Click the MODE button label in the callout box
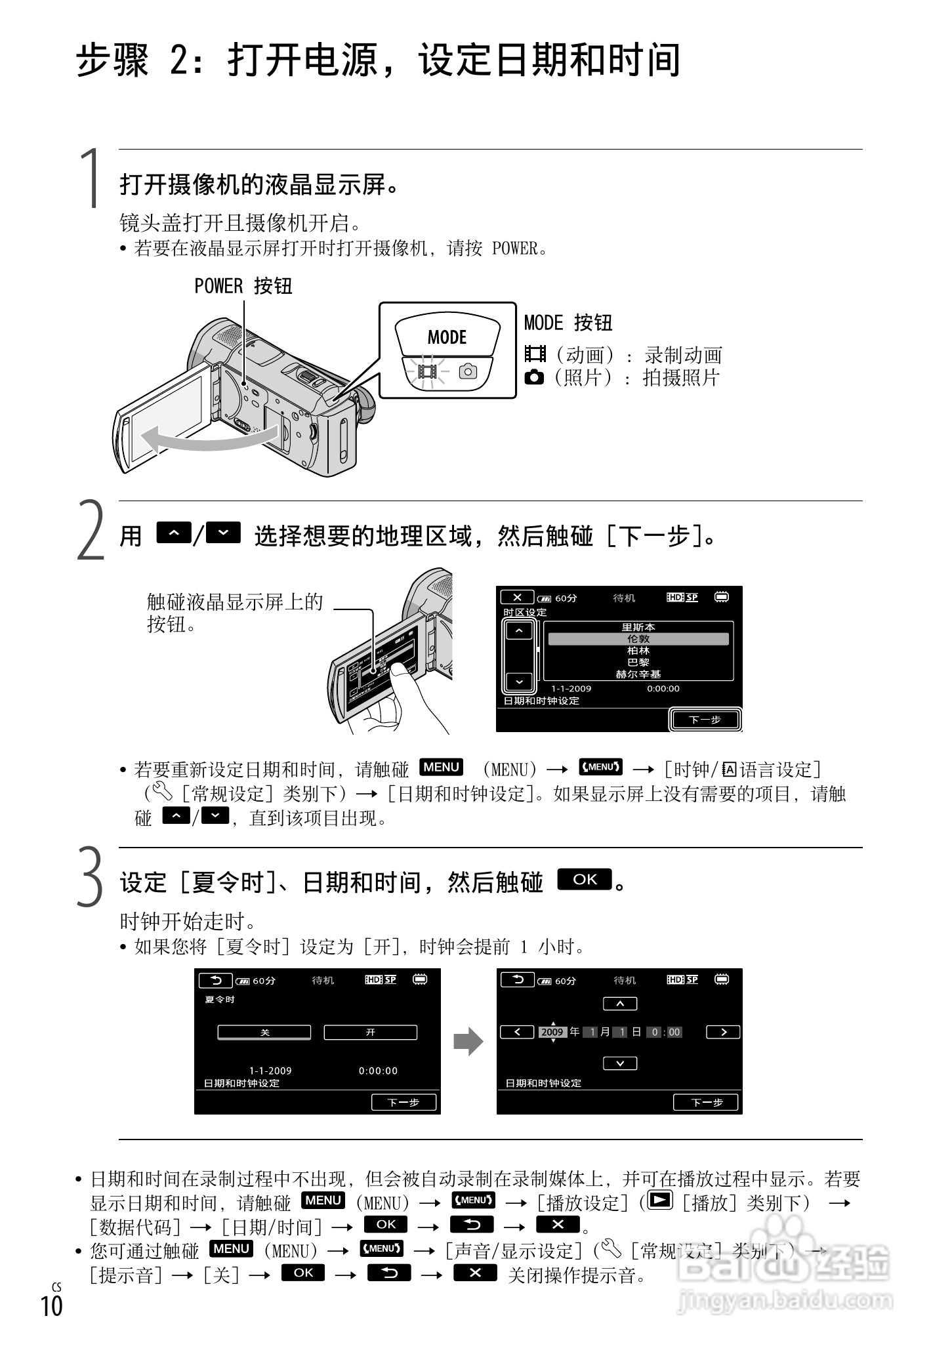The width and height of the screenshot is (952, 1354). (447, 337)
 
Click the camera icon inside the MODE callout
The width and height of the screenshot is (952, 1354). (468, 372)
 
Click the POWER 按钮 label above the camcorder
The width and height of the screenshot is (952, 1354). (243, 287)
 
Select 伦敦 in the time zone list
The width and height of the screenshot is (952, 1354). (638, 639)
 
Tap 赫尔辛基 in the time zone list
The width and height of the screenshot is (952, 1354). (638, 674)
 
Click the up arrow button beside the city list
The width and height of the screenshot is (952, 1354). (519, 630)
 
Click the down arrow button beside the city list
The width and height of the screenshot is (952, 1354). (519, 682)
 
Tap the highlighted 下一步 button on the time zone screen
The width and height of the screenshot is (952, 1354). (705, 720)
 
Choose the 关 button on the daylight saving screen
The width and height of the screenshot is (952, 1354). (264, 1033)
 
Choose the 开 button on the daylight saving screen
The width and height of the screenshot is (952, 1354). (370, 1033)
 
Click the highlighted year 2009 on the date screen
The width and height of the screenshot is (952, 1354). (552, 1032)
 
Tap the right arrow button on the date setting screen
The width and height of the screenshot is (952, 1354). (723, 1032)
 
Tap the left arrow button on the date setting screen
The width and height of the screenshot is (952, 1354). (517, 1032)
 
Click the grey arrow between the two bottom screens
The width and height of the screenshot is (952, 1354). (468, 1042)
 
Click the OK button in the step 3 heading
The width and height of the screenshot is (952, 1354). (584, 879)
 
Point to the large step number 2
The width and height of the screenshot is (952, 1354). (91, 530)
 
